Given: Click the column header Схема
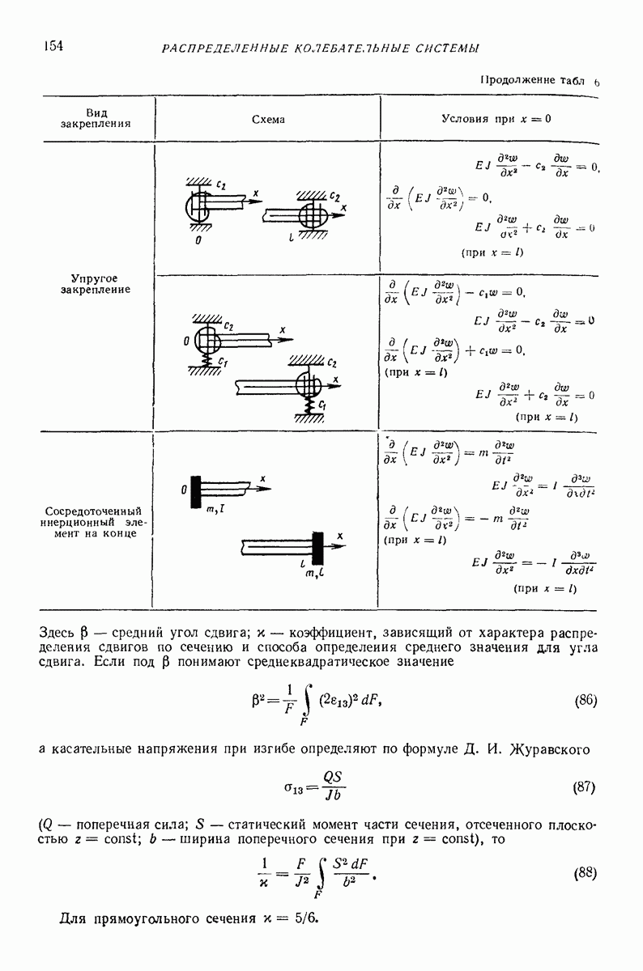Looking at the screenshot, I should (268, 119).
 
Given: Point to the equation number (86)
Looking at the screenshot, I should (585, 701).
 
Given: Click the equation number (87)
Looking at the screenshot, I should (585, 787).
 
